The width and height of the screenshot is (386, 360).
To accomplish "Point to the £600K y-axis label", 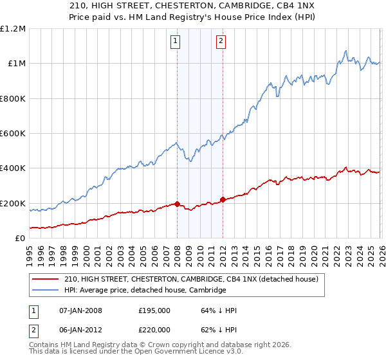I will point(13,134).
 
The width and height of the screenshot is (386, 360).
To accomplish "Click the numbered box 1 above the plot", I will point(176,42).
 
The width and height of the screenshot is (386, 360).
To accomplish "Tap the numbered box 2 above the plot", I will point(221,42).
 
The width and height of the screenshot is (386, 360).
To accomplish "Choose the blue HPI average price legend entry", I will point(145,291).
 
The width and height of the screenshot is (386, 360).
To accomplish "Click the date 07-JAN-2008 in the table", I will point(80,310).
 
